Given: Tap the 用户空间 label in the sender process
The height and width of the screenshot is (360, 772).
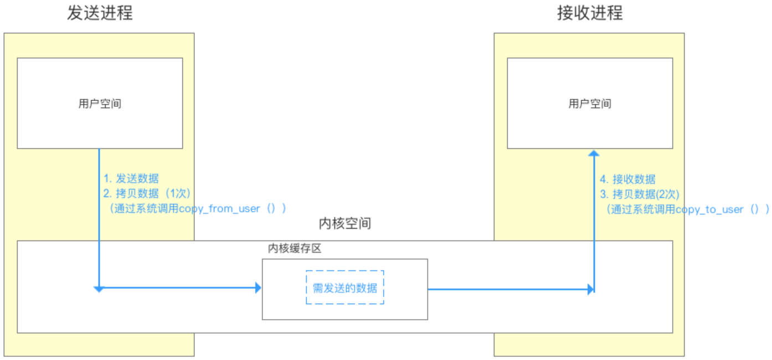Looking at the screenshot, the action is click(100, 104).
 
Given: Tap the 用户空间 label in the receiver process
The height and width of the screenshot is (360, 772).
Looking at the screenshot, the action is click(590, 104).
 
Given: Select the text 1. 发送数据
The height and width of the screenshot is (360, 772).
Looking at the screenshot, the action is click(131, 178).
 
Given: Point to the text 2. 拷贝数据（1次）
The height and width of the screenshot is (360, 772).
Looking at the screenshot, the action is click(147, 194).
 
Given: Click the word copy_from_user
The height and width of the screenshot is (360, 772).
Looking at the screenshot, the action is click(220, 209).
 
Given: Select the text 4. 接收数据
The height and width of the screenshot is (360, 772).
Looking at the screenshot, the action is click(628, 179).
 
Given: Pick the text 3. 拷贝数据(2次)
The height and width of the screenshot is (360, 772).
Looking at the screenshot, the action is click(640, 194).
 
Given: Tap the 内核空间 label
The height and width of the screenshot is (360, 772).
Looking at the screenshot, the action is click(345, 224).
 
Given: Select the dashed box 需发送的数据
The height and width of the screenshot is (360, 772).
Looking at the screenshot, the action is click(344, 287).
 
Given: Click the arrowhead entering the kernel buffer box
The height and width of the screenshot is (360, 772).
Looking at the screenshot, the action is click(258, 287).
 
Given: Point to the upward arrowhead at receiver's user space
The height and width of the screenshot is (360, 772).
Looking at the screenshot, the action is click(594, 153).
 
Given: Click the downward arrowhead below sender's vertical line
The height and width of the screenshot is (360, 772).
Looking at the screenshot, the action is click(99, 289).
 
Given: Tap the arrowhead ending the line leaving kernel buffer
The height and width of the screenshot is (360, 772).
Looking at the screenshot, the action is click(590, 289).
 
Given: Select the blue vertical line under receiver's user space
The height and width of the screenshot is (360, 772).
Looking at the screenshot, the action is click(594, 222).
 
